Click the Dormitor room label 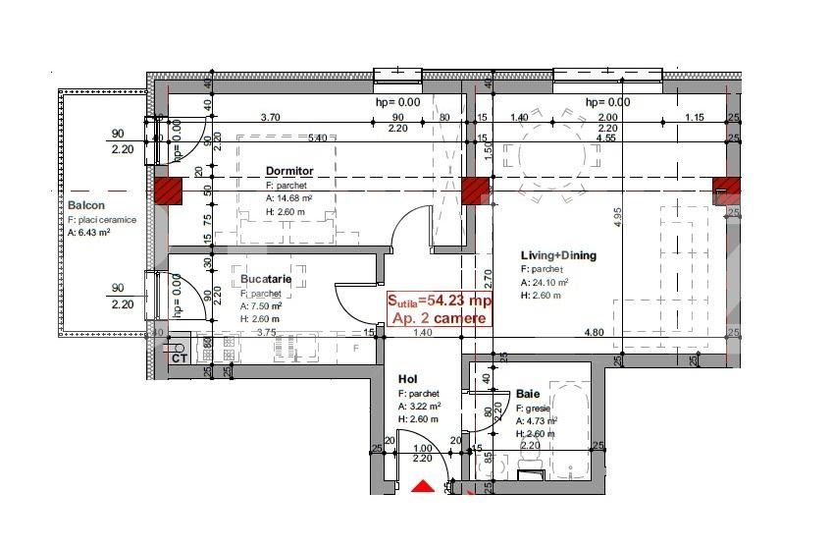(289, 171)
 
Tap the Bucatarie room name (266, 279)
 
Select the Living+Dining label (558, 256)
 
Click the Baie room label (527, 393)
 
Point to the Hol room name (407, 378)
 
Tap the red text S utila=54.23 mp (439, 301)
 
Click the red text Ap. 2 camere (439, 318)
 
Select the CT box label (180, 358)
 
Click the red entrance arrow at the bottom (422, 486)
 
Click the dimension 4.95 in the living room (619, 218)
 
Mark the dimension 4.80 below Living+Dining (594, 333)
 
